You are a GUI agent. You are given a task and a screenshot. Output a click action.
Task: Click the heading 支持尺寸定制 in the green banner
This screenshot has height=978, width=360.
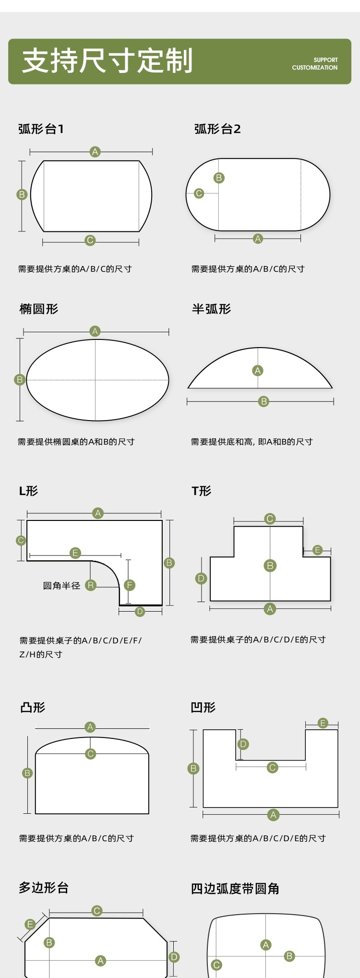coord(108,61)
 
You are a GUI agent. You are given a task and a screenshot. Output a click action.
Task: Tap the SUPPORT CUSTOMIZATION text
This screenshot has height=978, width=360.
coord(315,64)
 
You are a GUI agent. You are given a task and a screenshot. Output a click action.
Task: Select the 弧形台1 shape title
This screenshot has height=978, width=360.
coord(41,129)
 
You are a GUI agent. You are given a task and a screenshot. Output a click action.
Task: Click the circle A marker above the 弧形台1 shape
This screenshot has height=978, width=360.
coord(95,152)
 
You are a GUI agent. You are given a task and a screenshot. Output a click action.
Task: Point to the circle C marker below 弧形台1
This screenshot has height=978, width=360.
coord(90,240)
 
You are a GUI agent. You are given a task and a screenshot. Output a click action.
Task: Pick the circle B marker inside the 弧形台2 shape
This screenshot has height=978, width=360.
coord(219,178)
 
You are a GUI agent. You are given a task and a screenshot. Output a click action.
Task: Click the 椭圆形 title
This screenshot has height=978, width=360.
coord(39,309)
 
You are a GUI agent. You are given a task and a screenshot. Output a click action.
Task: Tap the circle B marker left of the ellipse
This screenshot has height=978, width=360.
coord(20,380)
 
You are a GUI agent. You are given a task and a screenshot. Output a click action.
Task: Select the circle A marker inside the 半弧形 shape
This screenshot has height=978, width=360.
coord(258,371)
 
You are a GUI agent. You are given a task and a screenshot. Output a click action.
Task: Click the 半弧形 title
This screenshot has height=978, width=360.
coord(212,309)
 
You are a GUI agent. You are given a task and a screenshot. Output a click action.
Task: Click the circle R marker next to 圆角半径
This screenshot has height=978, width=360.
coord(90,585)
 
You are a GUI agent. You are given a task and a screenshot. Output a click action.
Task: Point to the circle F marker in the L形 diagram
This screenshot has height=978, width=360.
coord(129,585)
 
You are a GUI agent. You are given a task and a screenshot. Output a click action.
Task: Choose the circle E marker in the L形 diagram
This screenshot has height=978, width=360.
coord(75,553)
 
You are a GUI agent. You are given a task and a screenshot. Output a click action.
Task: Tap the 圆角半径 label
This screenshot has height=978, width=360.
coord(61,585)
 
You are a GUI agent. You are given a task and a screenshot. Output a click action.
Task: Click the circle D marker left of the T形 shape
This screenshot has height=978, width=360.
coord(201,579)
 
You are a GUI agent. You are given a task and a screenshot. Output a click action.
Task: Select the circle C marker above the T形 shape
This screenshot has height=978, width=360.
coord(270,519)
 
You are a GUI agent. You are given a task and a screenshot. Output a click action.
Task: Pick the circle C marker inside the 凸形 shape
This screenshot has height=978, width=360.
coord(90,754)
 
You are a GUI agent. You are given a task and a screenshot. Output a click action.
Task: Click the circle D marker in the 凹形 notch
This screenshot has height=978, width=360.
coord(243,744)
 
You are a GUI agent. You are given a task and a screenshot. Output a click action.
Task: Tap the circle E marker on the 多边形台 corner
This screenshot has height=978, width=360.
coord(30,924)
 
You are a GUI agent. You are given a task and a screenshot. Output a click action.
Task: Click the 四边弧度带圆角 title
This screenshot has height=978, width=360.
coord(235,888)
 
